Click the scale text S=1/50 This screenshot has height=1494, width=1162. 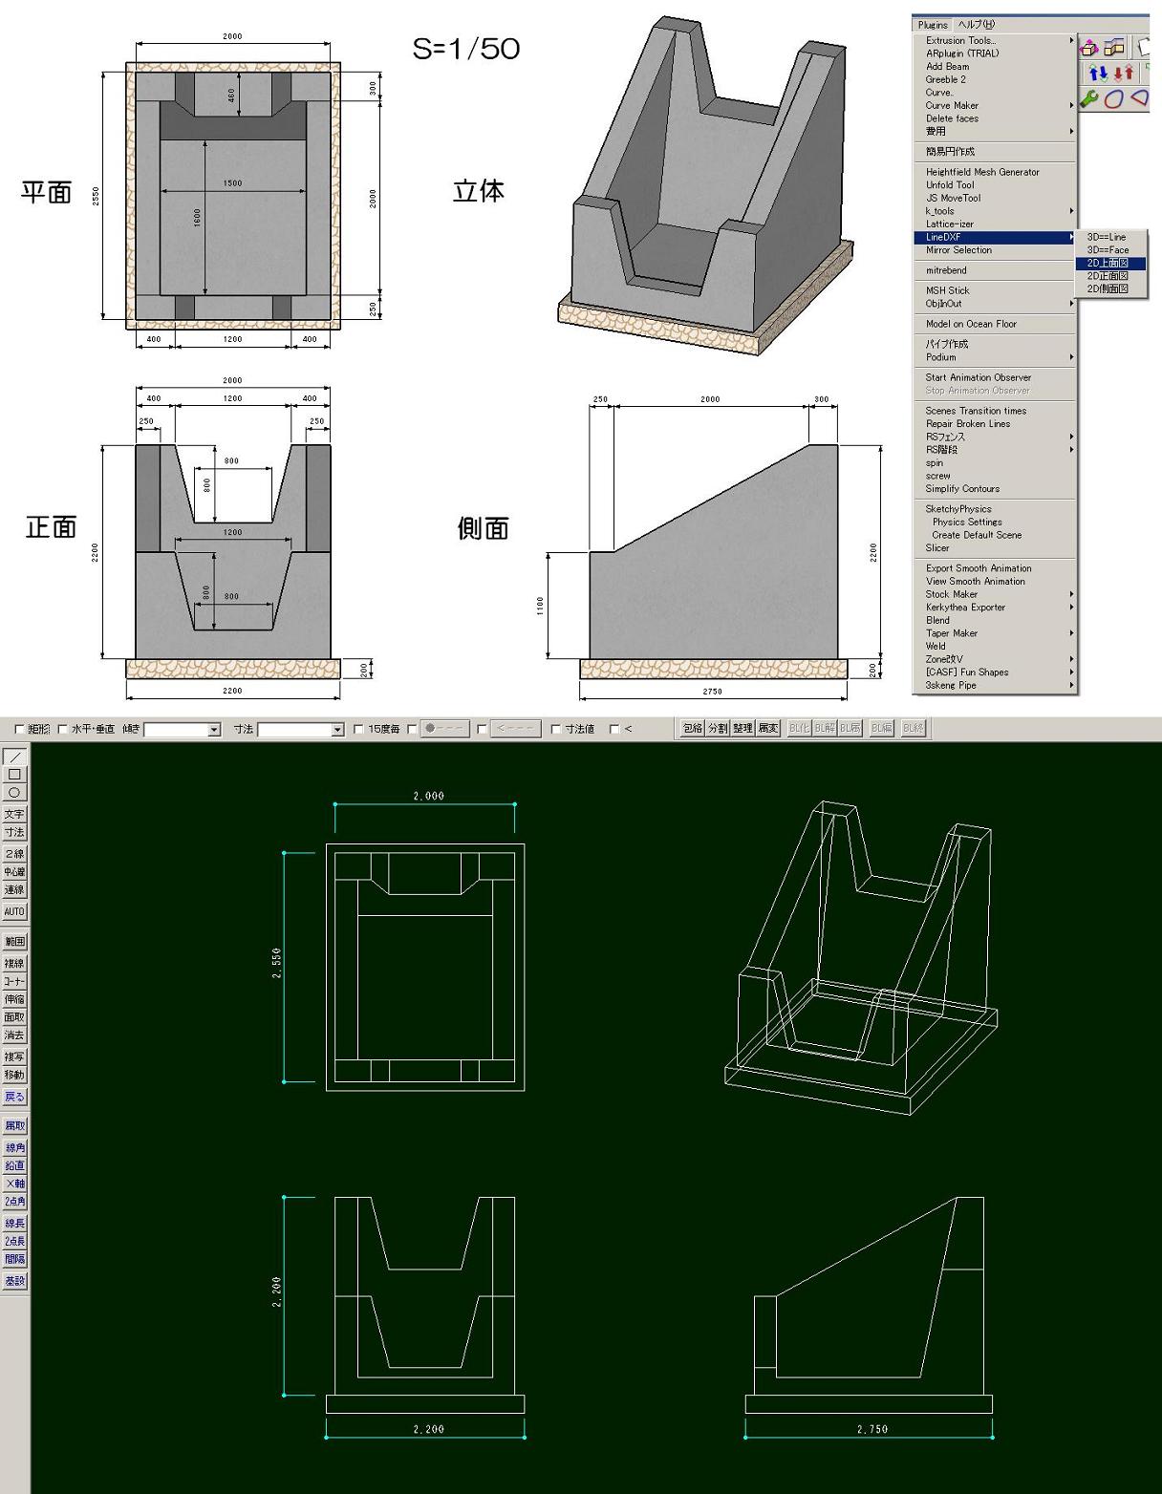465,49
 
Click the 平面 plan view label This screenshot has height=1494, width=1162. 47,192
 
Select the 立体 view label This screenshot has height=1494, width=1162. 478,191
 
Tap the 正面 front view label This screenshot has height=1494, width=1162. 51,527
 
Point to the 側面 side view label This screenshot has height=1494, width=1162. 483,528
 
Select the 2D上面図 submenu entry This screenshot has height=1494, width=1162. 1108,263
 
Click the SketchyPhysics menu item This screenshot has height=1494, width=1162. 958,509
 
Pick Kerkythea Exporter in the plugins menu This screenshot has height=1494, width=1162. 965,608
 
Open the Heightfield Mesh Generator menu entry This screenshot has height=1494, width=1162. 982,172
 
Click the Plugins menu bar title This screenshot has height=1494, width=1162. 932,25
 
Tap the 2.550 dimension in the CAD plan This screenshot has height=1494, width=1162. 277,965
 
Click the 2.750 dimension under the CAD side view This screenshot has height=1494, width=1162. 871,1429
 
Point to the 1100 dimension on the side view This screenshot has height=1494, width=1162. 541,605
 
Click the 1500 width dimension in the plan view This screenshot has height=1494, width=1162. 232,183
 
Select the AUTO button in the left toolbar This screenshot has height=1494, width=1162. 14,911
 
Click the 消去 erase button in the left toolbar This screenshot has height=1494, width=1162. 14,1035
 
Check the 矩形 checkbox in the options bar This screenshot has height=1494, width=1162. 20,730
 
